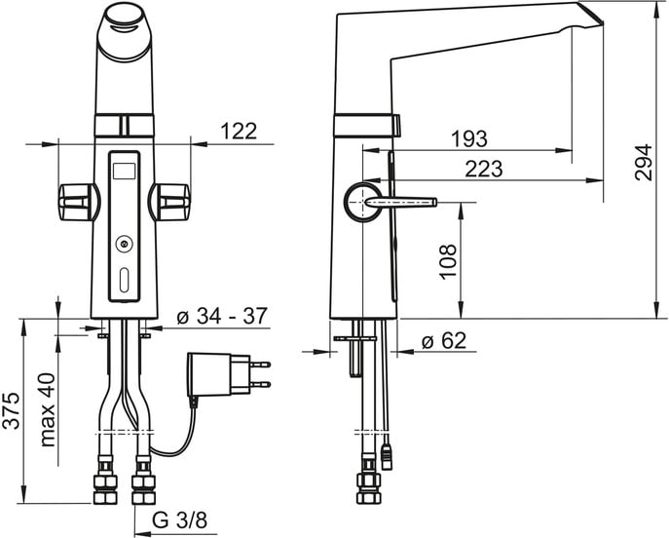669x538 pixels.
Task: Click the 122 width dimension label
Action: click(239, 131)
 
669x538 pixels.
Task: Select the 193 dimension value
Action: click(469, 138)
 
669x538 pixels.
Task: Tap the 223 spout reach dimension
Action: click(484, 169)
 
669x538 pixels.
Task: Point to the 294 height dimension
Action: click(644, 162)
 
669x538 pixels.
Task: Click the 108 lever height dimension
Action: click(448, 262)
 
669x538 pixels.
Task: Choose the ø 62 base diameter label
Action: click(444, 341)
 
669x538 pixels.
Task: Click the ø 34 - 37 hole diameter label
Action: click(222, 316)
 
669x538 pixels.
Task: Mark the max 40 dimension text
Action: click(48, 410)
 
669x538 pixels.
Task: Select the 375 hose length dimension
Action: click(11, 410)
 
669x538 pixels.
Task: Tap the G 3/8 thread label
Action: click(179, 520)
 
